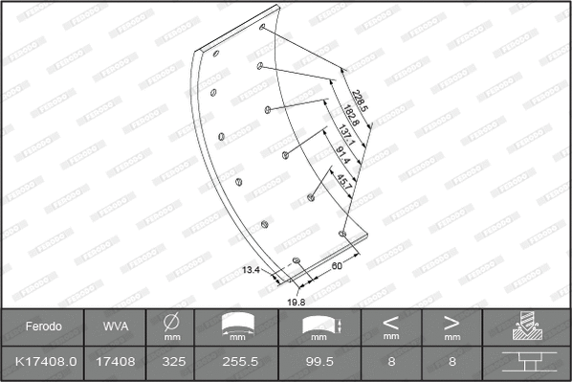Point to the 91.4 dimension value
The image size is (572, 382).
[342, 155]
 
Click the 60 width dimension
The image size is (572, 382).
[337, 267]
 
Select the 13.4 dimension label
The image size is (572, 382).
[252, 271]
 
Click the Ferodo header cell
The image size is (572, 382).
[43, 326]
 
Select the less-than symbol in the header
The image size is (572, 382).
[391, 322]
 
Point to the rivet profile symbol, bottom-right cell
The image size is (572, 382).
[525, 364]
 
